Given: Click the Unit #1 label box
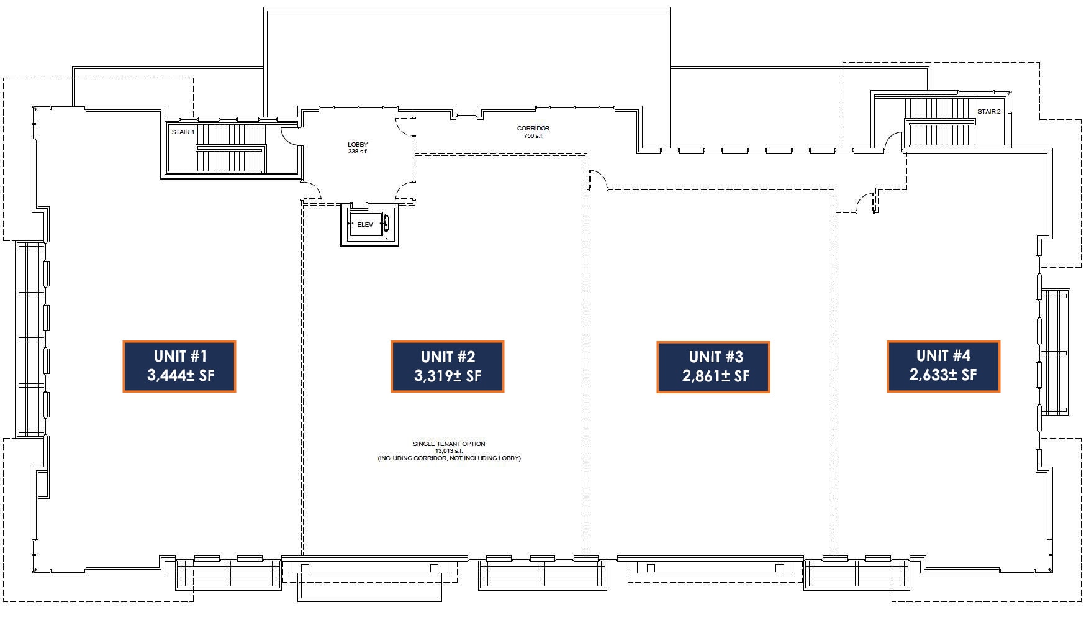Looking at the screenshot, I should coord(179,366).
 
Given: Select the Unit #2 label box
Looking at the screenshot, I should coord(447,367).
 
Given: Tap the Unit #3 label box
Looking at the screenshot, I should coord(713,367).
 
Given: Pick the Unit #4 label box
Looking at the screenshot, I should coord(943,366).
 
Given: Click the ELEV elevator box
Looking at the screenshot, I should coord(365,225).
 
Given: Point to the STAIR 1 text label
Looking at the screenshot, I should coord(183,132).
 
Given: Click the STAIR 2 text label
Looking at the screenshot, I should coord(989,112).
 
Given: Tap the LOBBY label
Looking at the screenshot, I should coord(358,145).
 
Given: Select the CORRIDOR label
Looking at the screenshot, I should coord(533,129).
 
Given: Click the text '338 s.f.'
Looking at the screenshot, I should coord(358,152).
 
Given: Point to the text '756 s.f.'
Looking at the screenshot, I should coord(533,136).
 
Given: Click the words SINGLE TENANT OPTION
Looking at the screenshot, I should coord(449,444).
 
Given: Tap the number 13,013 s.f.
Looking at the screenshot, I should coord(449,451).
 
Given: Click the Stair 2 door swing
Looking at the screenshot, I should coord(893,142).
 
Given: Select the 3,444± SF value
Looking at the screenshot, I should coord(181,375).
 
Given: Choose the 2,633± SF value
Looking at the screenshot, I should coord(943,375).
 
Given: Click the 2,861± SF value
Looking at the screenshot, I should coord(716,376).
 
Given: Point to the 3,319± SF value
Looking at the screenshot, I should coord(448,376).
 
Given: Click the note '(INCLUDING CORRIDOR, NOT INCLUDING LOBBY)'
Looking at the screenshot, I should coord(449,458).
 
